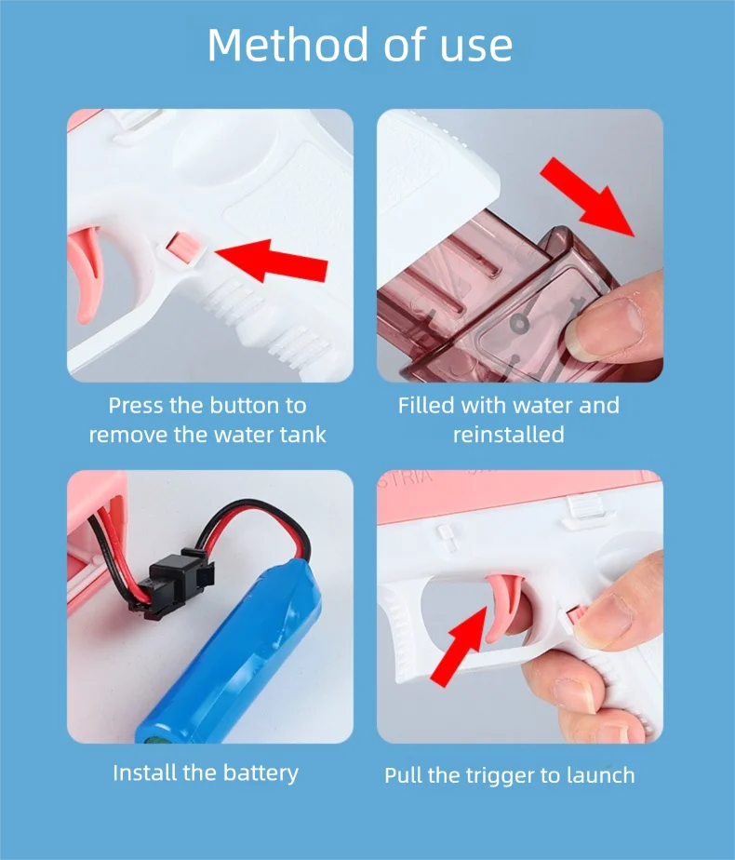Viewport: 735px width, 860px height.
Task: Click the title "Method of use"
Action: click(x=360, y=45)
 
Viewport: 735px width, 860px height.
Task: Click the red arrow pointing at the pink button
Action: click(x=272, y=260)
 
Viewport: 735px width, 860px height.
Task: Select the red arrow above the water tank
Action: click(x=587, y=196)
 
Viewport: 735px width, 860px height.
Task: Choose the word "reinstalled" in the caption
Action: click(x=509, y=435)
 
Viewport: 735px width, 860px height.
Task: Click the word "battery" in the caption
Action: click(x=261, y=773)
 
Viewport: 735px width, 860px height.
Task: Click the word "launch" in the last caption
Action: click(x=601, y=775)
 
